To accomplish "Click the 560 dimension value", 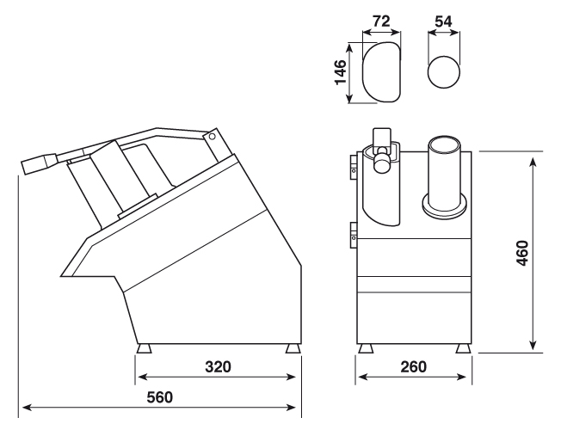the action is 159,397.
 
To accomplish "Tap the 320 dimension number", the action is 218,367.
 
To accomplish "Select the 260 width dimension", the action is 413,367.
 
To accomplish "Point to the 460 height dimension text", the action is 523,254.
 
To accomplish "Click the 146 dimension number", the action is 341,72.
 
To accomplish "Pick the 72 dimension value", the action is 381,21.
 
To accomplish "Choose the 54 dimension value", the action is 443,21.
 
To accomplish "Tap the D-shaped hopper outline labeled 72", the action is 363,72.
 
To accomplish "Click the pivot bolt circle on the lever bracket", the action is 213,137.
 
